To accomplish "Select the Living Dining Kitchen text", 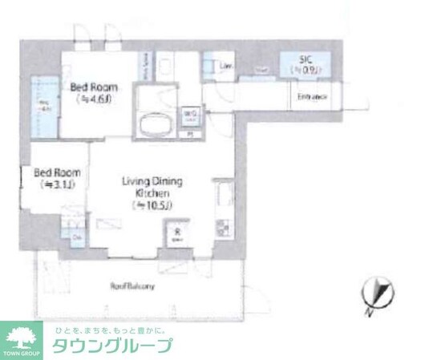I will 152,188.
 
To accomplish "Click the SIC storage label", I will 305,59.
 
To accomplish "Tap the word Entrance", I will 313,97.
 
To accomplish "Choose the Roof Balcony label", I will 131,286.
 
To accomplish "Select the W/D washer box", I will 190,118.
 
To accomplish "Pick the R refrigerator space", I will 176,233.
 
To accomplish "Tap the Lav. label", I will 226,65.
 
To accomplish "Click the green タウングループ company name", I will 111,346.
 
